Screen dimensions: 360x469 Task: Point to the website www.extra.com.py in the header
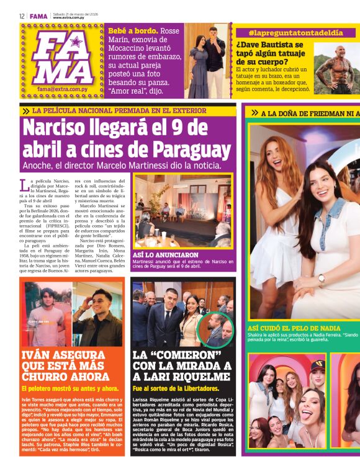(x=77, y=18)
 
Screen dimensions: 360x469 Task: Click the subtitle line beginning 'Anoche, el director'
(x=122, y=166)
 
